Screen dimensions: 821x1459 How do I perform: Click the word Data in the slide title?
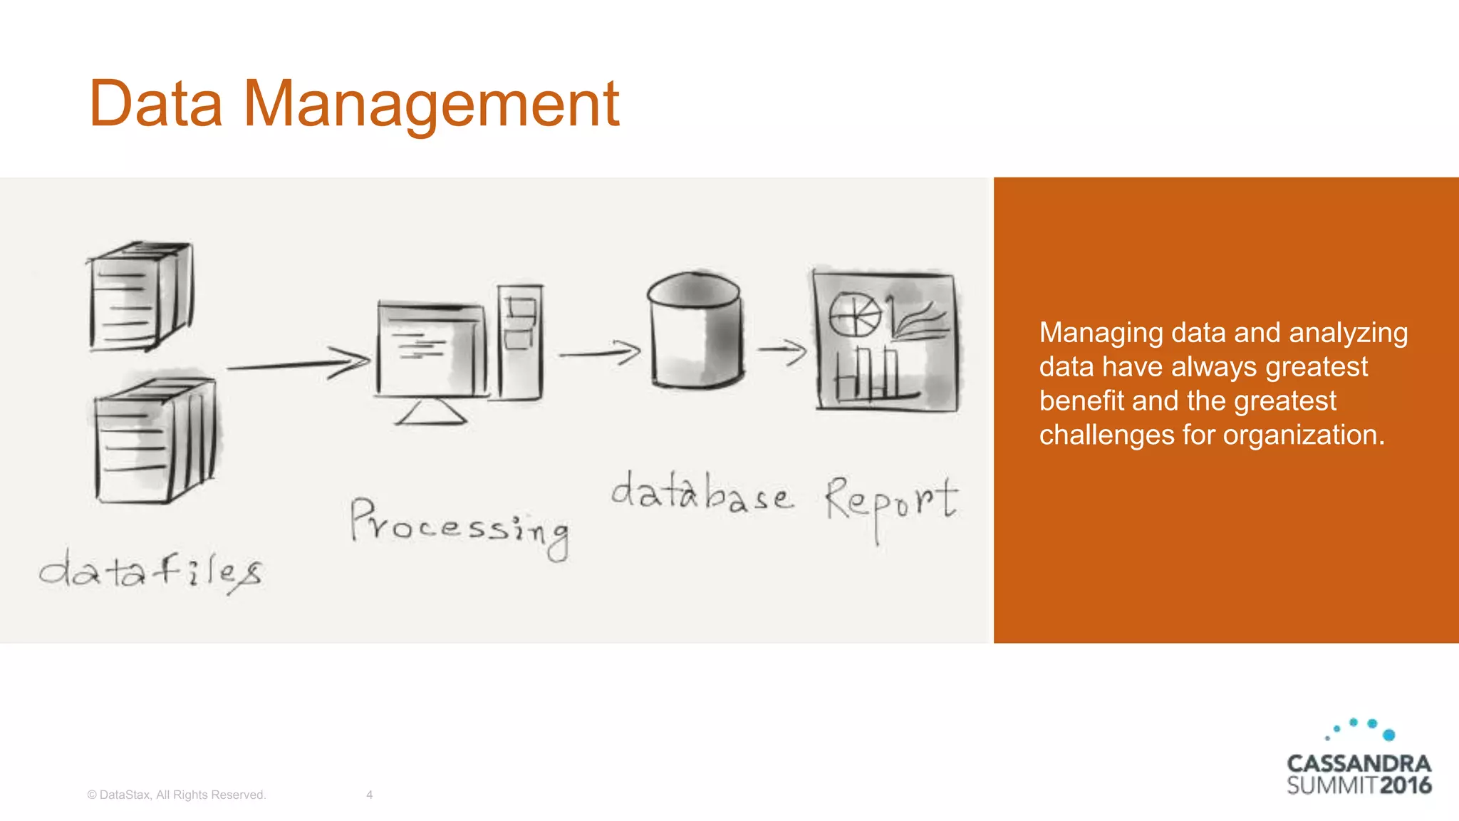pos(156,104)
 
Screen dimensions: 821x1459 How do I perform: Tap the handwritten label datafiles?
pos(151,572)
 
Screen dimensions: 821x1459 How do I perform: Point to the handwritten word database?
pos(701,493)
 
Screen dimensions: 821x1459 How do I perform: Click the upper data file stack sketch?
pos(140,296)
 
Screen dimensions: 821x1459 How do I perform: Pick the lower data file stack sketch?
pos(155,440)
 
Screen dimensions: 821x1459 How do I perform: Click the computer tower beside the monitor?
pos(520,342)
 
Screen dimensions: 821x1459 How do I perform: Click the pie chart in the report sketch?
pos(854,314)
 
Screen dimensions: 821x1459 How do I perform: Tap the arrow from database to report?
pos(782,350)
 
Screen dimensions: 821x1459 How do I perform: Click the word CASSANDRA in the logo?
pos(1359,763)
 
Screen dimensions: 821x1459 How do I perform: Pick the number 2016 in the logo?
pos(1405,785)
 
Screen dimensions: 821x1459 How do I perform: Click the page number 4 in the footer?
pos(369,795)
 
